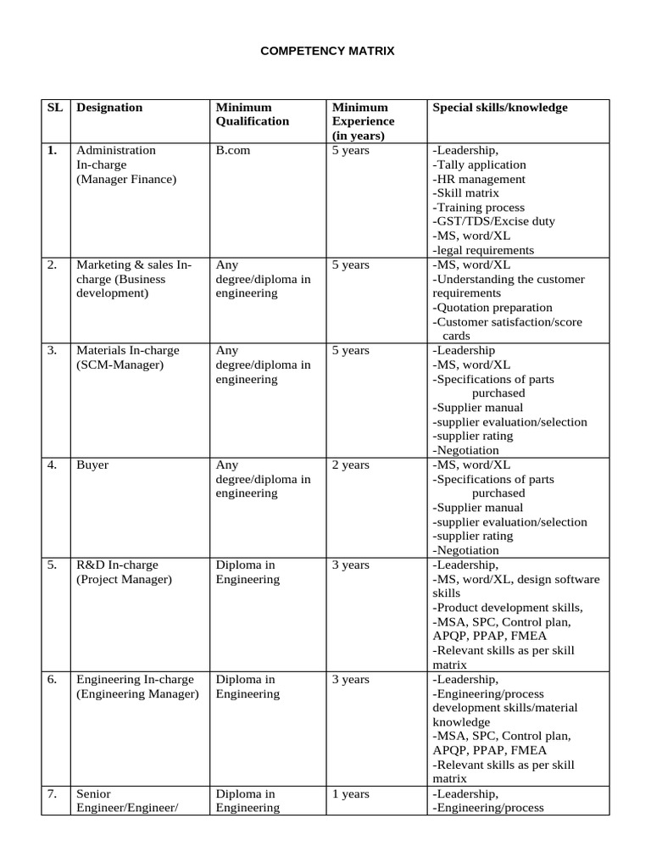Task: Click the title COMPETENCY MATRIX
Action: point(326,52)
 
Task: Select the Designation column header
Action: point(109,108)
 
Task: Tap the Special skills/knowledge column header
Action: point(500,108)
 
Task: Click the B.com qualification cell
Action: point(233,150)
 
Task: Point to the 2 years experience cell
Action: point(351,465)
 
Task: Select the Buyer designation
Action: point(92,465)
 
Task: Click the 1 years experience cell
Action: point(351,794)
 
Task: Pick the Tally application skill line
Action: point(479,164)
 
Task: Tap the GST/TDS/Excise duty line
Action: point(493,221)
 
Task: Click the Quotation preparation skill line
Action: point(492,308)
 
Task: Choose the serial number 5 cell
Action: point(53,565)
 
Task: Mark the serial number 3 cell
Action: point(53,350)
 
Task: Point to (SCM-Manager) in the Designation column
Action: point(120,364)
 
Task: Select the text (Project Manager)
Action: point(124,580)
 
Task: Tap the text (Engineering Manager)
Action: point(137,694)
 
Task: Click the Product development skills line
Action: point(507,608)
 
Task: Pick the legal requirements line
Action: point(483,250)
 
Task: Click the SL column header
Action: point(55,108)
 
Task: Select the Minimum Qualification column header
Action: point(252,114)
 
